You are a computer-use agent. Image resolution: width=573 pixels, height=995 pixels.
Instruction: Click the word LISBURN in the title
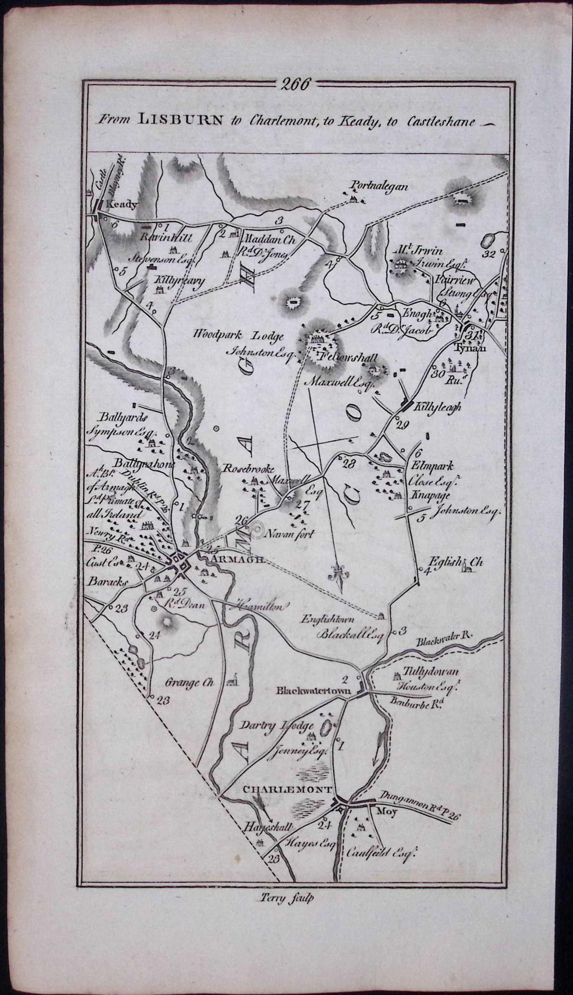180,120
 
